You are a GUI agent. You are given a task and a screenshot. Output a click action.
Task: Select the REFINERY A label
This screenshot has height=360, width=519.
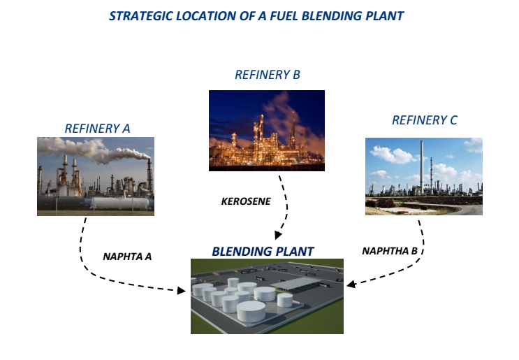pyautogui.click(x=97, y=128)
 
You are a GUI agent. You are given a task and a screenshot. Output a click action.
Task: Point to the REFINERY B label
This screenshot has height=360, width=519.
pyautogui.click(x=268, y=75)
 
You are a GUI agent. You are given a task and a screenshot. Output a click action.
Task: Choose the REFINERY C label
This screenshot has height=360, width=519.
pyautogui.click(x=425, y=120)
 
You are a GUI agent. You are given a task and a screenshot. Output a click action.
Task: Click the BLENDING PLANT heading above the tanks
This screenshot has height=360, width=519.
pyautogui.click(x=263, y=251)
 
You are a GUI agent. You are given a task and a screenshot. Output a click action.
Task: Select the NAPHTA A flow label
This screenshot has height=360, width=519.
pyautogui.click(x=127, y=256)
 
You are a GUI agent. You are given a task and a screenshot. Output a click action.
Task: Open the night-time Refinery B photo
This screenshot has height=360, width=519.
pyautogui.click(x=267, y=131)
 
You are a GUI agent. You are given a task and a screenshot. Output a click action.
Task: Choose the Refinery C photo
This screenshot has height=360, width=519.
pyautogui.click(x=423, y=176)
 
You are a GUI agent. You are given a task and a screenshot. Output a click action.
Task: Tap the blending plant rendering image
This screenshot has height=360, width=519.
pyautogui.click(x=267, y=296)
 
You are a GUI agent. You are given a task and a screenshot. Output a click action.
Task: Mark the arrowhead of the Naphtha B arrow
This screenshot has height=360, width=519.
pyautogui.click(x=351, y=284)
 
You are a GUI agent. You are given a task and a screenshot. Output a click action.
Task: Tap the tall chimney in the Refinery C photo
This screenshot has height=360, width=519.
pyautogui.click(x=421, y=164)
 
